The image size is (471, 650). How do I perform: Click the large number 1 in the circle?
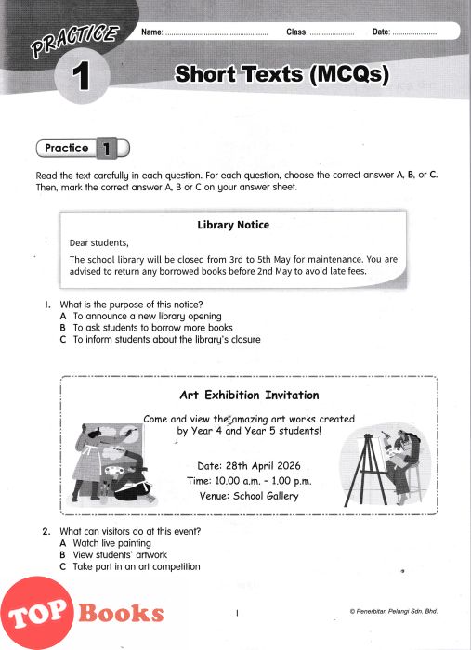point(81,76)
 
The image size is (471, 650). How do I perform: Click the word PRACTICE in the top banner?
point(75,40)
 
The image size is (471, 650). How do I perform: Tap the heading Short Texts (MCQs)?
point(281,74)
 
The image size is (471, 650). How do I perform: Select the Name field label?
point(152,32)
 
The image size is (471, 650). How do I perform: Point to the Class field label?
point(297,32)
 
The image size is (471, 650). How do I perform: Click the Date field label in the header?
point(381,32)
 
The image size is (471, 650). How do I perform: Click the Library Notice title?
point(233,225)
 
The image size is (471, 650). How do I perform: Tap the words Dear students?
point(99,243)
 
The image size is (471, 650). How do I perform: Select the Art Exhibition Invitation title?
point(249,395)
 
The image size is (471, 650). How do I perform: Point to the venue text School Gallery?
point(266,496)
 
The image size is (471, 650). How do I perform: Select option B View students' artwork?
point(113,554)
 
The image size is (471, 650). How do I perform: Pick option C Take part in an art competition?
point(130,566)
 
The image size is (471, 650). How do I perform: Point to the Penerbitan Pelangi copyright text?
point(394,611)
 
